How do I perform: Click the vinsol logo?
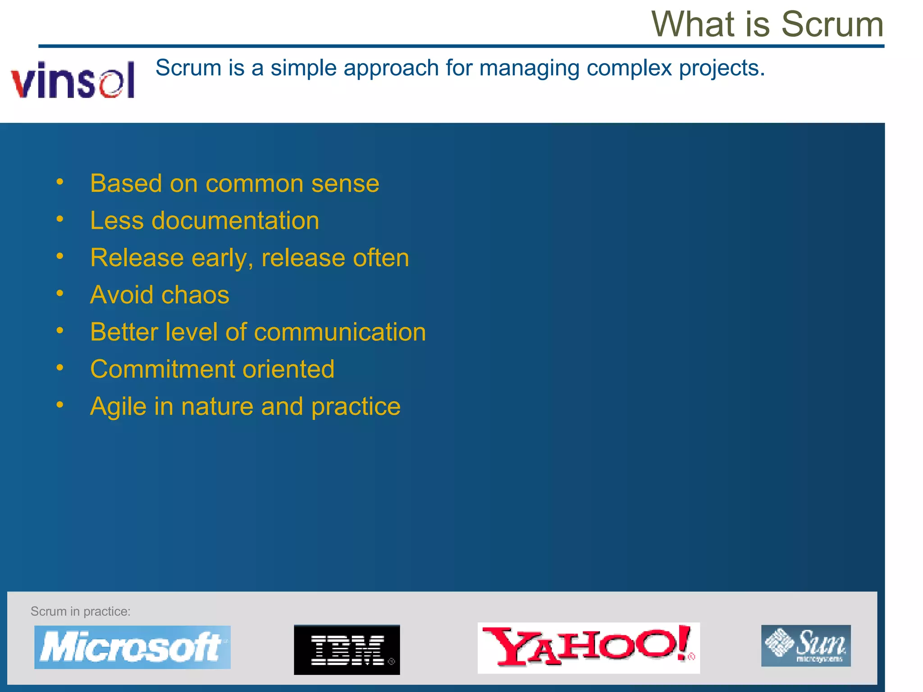(73, 80)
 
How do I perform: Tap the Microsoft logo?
(132, 647)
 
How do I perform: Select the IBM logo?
(347, 649)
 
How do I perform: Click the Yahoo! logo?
(588, 648)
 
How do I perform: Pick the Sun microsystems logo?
(806, 645)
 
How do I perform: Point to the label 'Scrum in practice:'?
(80, 611)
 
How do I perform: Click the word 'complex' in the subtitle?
(629, 68)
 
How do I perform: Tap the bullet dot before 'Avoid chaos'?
(60, 294)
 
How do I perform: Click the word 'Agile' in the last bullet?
(118, 407)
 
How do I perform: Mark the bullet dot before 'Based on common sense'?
(60, 182)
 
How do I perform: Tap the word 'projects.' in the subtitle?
(722, 68)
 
